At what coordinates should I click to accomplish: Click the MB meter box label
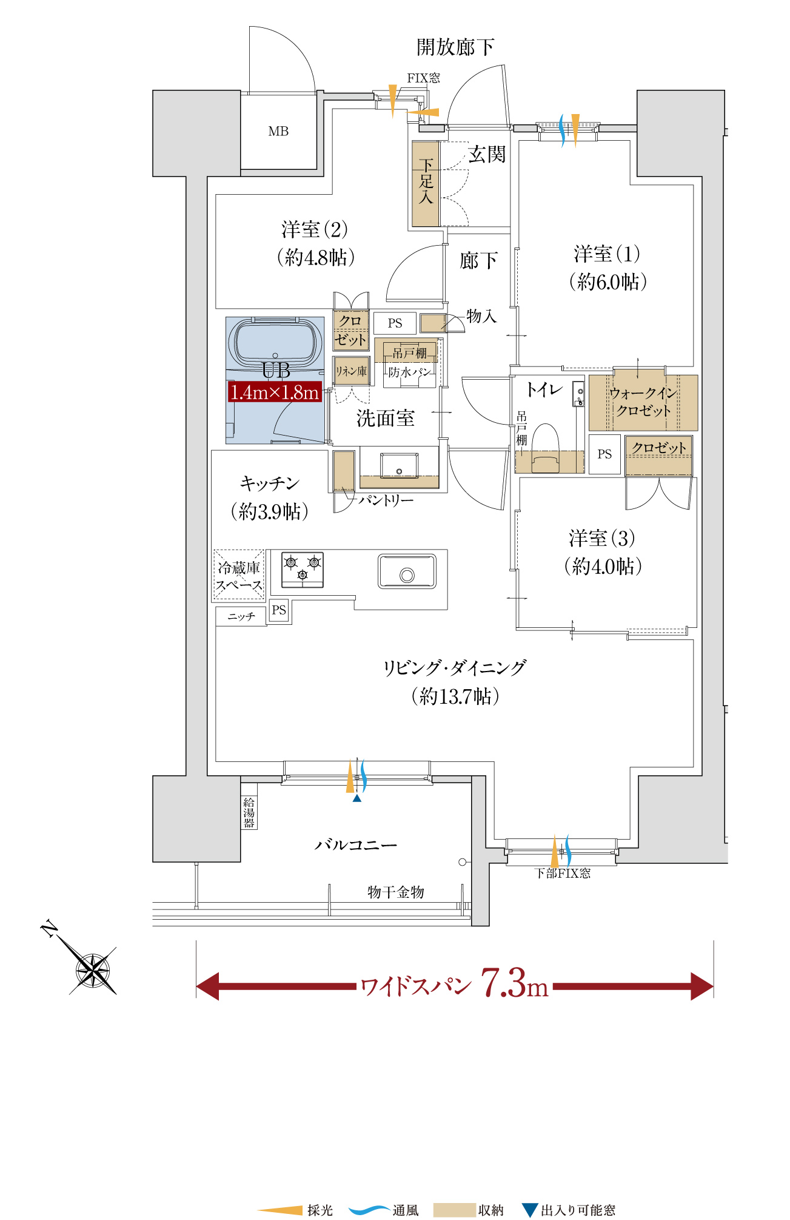pyautogui.click(x=278, y=131)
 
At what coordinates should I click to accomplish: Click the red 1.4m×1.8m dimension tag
pyautogui.click(x=275, y=392)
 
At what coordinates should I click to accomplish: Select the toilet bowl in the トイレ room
pyautogui.click(x=546, y=448)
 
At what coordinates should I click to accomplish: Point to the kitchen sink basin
pyautogui.click(x=407, y=571)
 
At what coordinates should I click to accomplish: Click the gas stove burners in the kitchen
pyautogui.click(x=303, y=570)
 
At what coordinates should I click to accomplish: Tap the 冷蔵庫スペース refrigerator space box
pyautogui.click(x=239, y=576)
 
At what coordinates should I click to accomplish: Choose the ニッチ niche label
pyautogui.click(x=241, y=616)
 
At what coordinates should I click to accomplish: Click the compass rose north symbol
pyautogui.click(x=92, y=969)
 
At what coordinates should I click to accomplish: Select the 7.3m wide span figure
pyautogui.click(x=515, y=983)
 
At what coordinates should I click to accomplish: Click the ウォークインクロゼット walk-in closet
pyautogui.click(x=643, y=402)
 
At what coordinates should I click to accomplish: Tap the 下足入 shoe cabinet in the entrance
pyautogui.click(x=426, y=184)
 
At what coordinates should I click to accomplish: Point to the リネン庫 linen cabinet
pyautogui.click(x=351, y=371)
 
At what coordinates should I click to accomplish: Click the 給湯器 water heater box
pyautogui.click(x=249, y=812)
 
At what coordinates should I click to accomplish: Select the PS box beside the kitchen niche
pyautogui.click(x=279, y=610)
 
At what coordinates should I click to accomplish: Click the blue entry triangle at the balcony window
pyautogui.click(x=357, y=798)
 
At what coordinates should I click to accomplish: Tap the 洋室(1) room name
pyautogui.click(x=606, y=254)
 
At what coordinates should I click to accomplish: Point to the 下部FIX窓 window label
pyautogui.click(x=562, y=873)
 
